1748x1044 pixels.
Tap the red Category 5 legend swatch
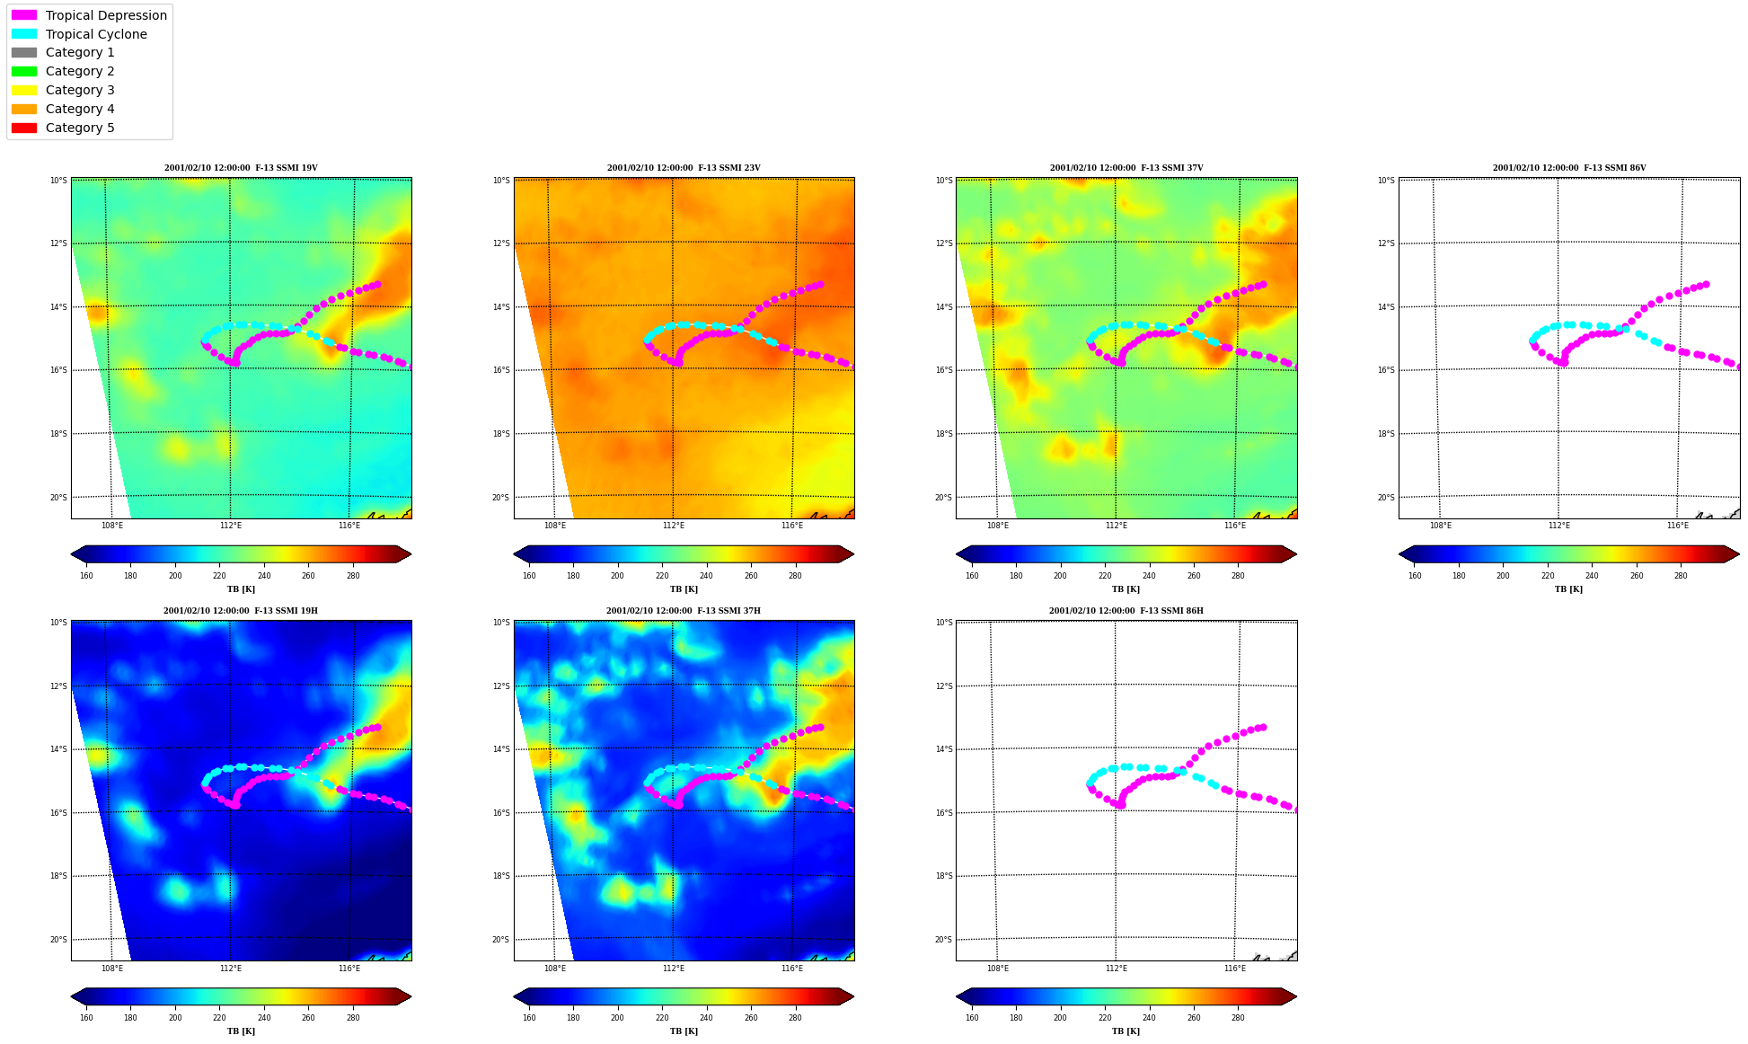coord(24,128)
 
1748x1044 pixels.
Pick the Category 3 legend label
coord(80,90)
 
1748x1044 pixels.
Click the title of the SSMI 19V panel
coord(241,168)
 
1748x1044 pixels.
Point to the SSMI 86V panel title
coord(1569,168)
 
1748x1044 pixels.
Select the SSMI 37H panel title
coord(684,611)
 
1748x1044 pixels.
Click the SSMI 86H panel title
coord(1126,611)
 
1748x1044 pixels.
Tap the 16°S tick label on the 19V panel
coord(58,370)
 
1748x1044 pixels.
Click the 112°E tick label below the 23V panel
coord(674,526)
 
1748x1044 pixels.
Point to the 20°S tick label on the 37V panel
coord(943,498)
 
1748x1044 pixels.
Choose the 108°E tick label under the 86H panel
coord(998,969)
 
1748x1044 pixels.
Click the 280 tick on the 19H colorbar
coord(353,1018)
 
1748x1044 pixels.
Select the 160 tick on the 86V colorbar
coord(1415,576)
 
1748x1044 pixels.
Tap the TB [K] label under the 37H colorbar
coord(684,1031)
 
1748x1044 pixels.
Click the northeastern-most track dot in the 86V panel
coord(1706,284)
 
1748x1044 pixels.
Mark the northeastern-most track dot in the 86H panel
coord(1263,727)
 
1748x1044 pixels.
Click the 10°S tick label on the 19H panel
coord(58,623)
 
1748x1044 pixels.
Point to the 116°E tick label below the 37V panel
coord(1235,526)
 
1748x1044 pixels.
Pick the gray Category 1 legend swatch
coord(24,52)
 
